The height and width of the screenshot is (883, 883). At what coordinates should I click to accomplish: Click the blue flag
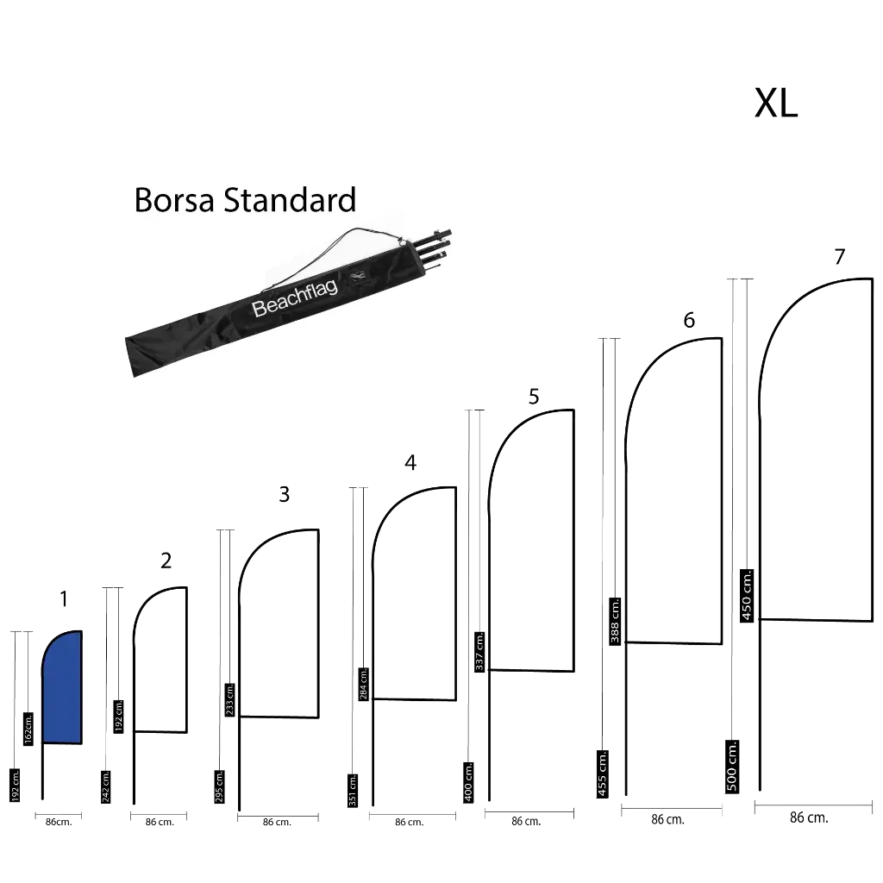(62, 687)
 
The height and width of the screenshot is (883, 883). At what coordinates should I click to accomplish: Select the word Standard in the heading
(290, 200)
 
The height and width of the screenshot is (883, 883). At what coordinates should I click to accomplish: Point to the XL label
(776, 103)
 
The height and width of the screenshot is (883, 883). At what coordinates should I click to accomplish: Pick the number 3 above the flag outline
(283, 494)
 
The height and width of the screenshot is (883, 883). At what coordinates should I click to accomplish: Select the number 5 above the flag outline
(534, 398)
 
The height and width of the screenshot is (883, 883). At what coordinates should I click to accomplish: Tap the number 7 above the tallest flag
(841, 258)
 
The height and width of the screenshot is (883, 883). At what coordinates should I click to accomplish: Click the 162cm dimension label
(28, 727)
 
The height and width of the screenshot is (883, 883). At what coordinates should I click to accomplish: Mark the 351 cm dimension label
(354, 788)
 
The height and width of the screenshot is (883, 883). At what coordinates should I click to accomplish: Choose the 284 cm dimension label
(364, 684)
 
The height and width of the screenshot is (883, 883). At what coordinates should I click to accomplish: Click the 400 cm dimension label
(469, 781)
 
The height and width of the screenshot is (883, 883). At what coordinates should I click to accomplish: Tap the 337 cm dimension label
(479, 652)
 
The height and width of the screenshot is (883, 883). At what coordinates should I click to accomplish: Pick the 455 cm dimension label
(603, 772)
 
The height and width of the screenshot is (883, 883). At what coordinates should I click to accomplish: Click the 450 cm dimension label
(748, 594)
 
